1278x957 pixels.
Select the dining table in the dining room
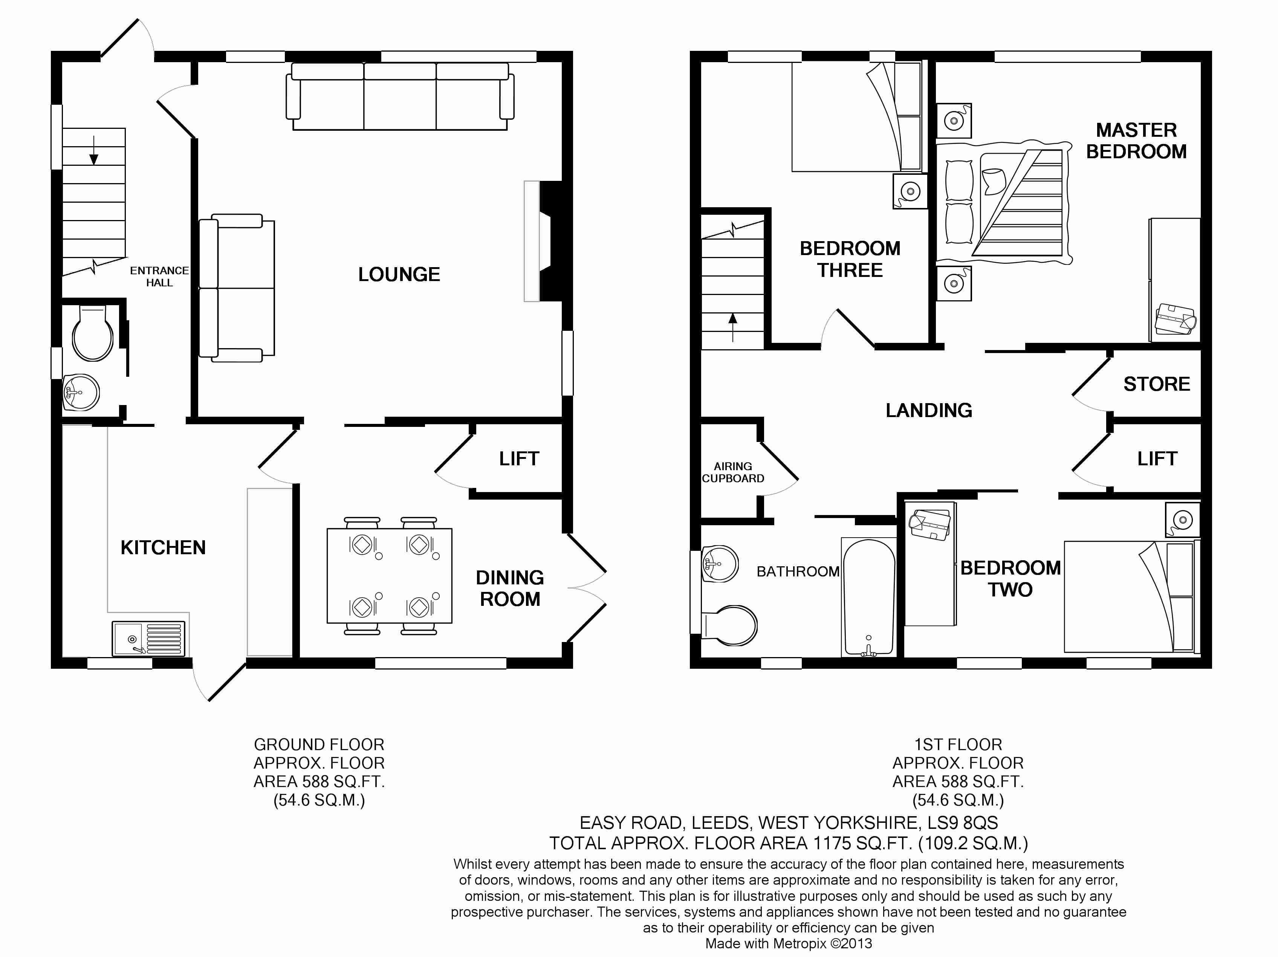point(390,576)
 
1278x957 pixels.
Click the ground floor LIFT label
point(519,459)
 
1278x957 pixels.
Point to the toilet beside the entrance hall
point(92,332)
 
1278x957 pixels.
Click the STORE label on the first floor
point(1157,384)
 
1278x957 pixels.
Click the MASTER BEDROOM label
point(1136,141)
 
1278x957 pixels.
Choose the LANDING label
point(929,410)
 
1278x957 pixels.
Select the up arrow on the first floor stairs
point(732,327)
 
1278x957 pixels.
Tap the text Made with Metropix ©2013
point(789,944)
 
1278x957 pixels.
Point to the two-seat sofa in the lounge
point(237,288)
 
